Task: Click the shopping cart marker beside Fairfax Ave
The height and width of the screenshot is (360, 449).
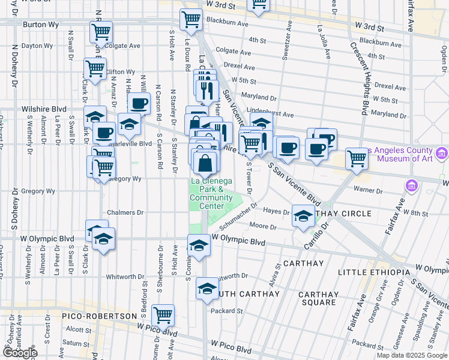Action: click(x=357, y=158)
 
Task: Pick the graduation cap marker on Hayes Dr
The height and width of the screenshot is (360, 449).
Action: click(x=304, y=215)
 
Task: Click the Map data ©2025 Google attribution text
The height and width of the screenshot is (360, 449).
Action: click(x=412, y=355)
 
